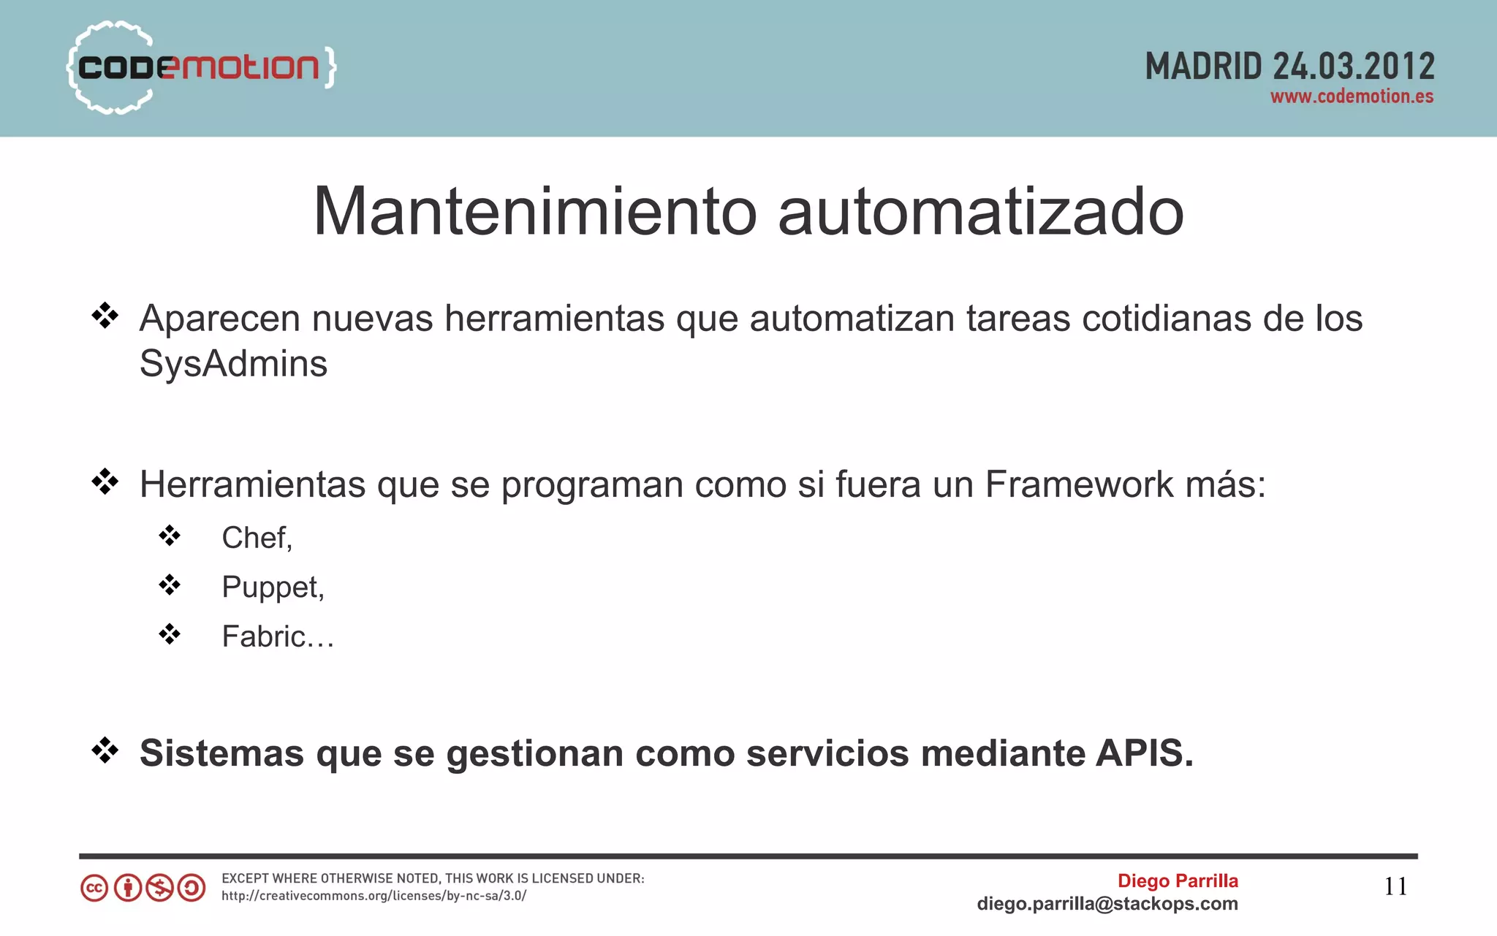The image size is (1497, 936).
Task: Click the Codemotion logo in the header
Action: point(201,67)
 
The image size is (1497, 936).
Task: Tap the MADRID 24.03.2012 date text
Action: point(1289,66)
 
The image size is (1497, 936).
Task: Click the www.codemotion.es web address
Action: point(1352,96)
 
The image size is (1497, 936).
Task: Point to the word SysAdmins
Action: point(233,364)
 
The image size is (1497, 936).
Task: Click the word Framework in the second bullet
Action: point(1079,484)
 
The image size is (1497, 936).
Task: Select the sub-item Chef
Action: point(256,538)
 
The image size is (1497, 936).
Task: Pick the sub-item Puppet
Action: point(272,587)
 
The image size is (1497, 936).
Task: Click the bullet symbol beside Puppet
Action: point(170,585)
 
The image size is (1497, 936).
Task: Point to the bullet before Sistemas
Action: point(105,750)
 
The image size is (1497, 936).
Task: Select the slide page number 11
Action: point(1395,886)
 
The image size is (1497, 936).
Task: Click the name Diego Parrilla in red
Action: point(1178,880)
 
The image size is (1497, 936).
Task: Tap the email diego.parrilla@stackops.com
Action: point(1107,904)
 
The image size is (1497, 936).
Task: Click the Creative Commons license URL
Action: point(374,896)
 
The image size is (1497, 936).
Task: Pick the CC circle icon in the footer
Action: point(94,889)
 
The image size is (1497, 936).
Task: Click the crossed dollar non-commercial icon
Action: point(159,889)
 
